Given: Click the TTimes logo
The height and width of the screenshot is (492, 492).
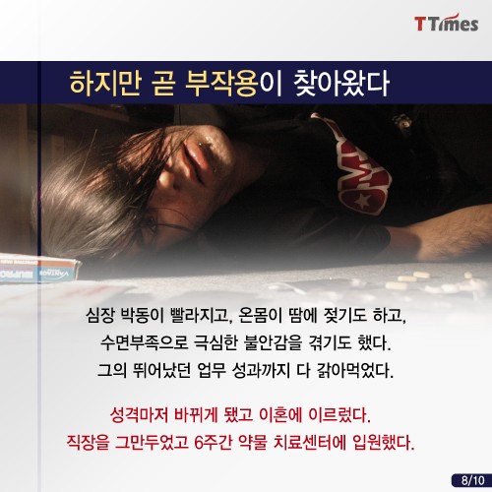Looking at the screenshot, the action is (446, 24).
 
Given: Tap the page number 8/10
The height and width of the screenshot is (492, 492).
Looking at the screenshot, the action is (472, 480).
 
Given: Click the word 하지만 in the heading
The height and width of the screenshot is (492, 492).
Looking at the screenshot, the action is (105, 84).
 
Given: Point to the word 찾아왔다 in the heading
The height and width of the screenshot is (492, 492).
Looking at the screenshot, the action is (341, 84).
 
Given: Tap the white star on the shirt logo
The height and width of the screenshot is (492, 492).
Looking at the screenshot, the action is (363, 200).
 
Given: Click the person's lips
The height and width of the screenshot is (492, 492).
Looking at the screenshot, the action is (194, 157).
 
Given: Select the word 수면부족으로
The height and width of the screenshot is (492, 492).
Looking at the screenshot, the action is (144, 342).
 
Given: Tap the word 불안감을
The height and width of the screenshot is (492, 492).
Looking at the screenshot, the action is (273, 342).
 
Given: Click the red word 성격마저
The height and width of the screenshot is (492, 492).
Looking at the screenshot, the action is (139, 415).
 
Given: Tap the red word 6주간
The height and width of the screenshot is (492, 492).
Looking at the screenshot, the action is (214, 443).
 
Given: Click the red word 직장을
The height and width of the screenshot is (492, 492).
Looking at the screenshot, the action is (88, 443).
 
